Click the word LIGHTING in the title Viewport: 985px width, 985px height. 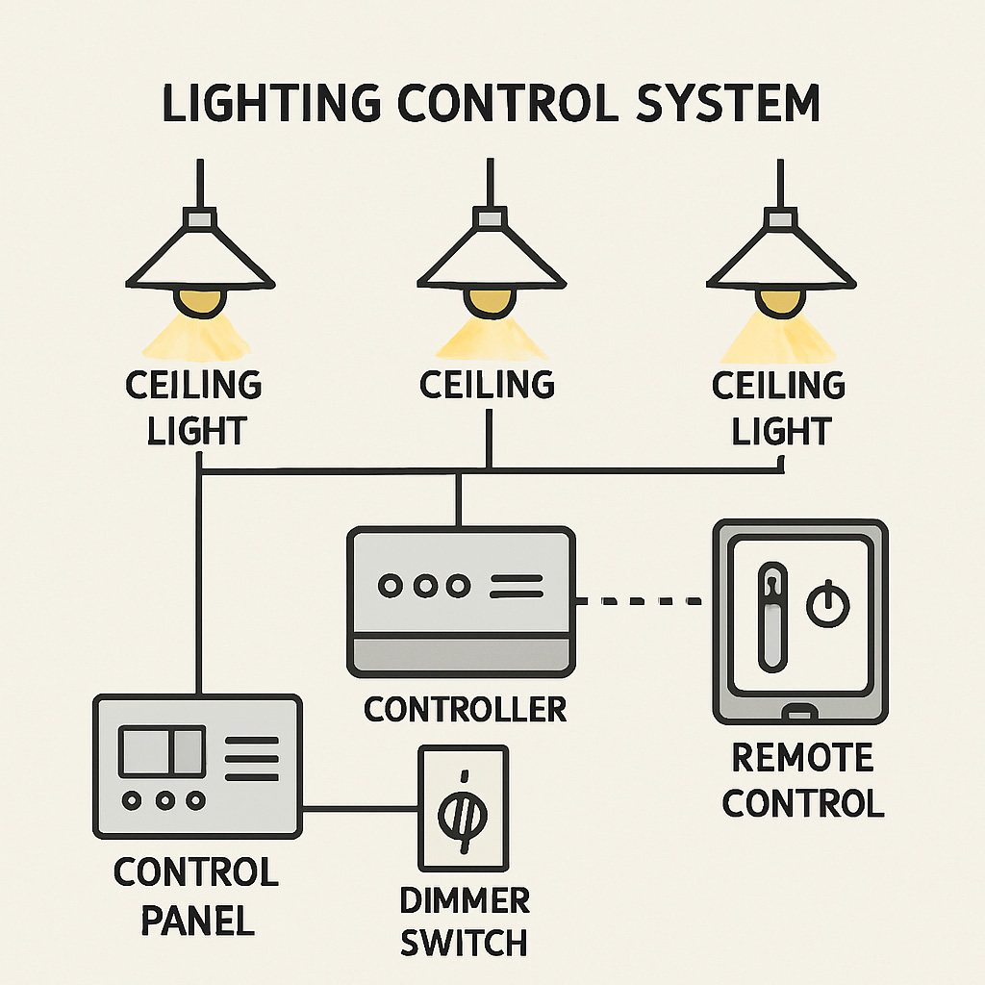(x=289, y=103)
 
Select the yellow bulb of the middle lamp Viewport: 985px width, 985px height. (x=490, y=300)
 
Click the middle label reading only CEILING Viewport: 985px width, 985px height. (x=488, y=386)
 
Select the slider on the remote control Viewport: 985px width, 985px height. (x=772, y=616)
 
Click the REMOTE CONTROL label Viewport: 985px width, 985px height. (x=803, y=780)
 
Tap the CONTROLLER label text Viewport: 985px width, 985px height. (x=465, y=710)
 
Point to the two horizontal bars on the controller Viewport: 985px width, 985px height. (x=517, y=586)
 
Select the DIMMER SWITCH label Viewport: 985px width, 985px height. (x=465, y=922)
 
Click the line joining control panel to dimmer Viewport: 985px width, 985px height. (x=361, y=808)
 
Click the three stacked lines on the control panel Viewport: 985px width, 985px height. (x=251, y=758)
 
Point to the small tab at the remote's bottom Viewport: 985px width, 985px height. (x=799, y=713)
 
